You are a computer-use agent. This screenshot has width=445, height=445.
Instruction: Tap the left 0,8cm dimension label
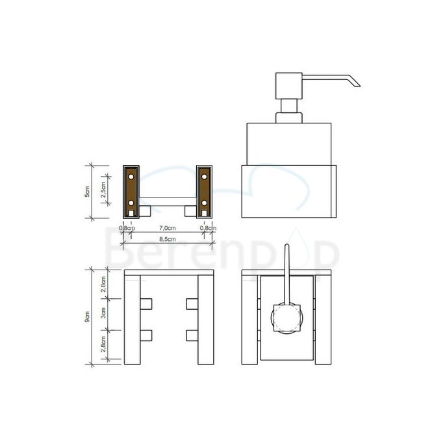(x=127, y=228)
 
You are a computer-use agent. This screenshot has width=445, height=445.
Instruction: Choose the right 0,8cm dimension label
(x=207, y=228)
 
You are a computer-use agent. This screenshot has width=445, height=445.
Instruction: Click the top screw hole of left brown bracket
(x=130, y=176)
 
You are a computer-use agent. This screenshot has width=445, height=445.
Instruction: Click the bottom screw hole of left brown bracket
(x=130, y=203)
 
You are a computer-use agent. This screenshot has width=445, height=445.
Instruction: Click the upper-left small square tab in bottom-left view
(x=146, y=303)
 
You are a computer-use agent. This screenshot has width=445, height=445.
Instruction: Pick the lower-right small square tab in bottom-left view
(x=192, y=335)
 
